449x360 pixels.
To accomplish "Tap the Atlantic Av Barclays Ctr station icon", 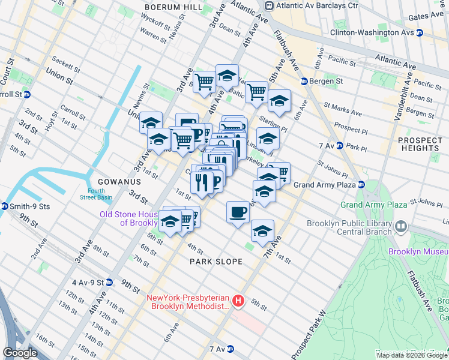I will pyautogui.click(x=270, y=5).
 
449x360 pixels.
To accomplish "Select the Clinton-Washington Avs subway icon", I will pyautogui.click(x=420, y=34).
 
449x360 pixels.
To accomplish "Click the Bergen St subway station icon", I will pyautogui.click(x=304, y=81).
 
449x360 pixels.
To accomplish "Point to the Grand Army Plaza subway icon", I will pyautogui.click(x=362, y=185).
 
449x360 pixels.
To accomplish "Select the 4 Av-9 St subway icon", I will pyautogui.click(x=109, y=282).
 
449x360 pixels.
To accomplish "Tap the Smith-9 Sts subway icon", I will pyautogui.click(x=5, y=206).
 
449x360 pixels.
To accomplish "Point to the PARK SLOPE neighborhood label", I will pyautogui.click(x=216, y=262).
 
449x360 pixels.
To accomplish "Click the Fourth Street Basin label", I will pyautogui.click(x=92, y=194).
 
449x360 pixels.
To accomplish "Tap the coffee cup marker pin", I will pyautogui.click(x=238, y=212).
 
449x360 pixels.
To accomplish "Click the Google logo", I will pyautogui.click(x=20, y=352).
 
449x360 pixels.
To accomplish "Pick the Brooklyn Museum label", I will pyautogui.click(x=418, y=251).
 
